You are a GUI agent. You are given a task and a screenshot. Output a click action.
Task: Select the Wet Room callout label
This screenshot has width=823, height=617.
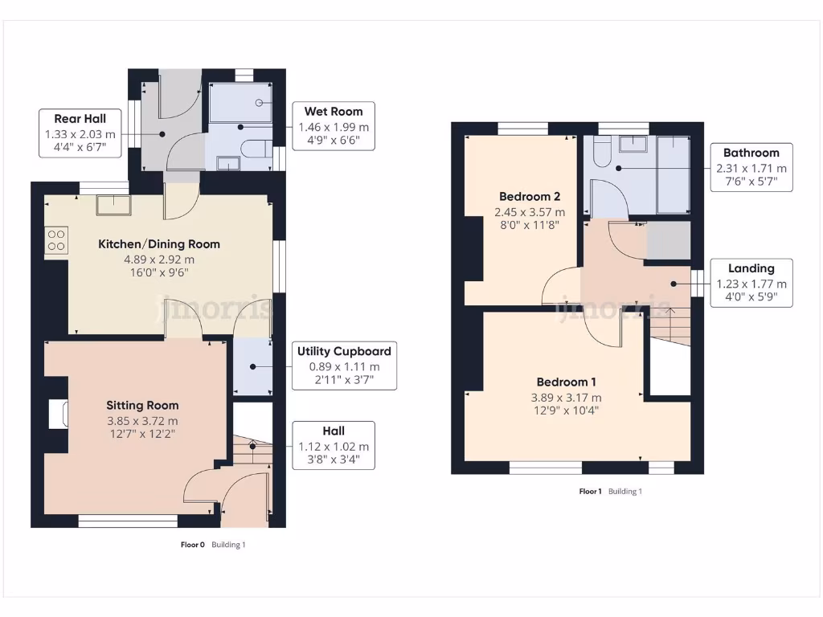point(334,127)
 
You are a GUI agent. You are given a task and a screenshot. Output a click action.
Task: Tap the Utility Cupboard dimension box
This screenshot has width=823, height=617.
point(344,366)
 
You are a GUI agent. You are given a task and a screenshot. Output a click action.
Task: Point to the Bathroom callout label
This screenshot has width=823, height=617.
point(751,168)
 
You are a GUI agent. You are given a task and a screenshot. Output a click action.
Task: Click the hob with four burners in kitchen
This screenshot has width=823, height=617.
point(57,240)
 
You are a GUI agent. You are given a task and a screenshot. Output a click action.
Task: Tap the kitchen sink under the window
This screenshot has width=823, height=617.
point(112,205)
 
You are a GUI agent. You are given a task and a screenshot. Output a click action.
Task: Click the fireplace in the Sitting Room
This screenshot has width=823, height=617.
point(59,414)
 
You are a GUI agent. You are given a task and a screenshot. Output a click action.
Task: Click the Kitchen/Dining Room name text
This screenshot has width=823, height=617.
point(159,244)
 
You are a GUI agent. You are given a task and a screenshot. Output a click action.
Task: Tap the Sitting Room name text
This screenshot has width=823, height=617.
point(143,405)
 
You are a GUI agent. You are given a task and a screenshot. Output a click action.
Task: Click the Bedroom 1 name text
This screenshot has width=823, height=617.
point(566,382)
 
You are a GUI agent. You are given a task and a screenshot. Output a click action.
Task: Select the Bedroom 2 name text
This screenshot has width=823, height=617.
point(530,197)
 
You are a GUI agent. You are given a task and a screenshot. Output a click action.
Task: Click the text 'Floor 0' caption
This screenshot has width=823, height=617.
point(192,545)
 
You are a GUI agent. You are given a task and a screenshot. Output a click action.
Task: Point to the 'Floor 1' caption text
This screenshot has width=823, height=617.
point(590,491)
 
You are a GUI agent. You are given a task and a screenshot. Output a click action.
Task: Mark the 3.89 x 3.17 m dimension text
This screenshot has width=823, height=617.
point(566,398)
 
